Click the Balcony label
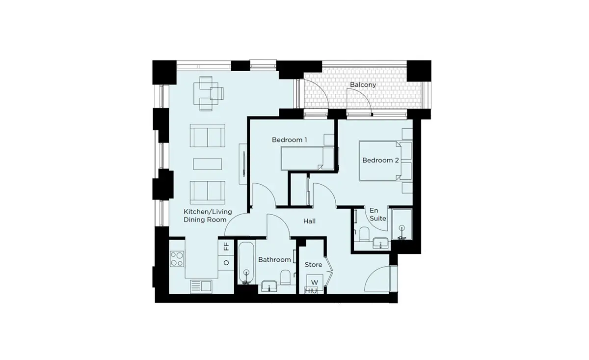pos(363,85)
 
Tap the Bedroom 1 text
pos(289,140)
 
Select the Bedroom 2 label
pos(380,160)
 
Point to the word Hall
pos(309,222)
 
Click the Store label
pos(314,264)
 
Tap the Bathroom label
pos(274,260)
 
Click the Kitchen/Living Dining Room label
pos(208,216)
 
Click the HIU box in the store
pos(311,291)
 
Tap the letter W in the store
pos(315,282)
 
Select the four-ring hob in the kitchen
pos(177,259)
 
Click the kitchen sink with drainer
pos(201,287)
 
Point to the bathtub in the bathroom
pos(246,263)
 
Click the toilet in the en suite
pos(364,234)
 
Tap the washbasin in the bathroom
pos(269,286)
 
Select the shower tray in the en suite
pos(402,224)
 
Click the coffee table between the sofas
pos(208,164)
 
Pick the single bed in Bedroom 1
pos(307,159)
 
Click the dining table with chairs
pos(209,93)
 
